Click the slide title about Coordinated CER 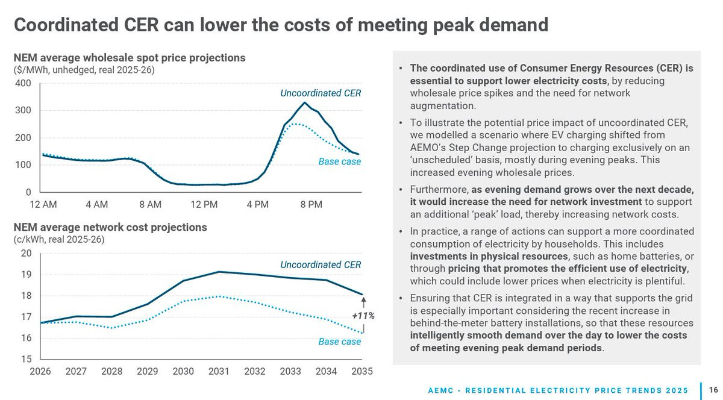[281, 25]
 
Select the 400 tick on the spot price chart [23, 83]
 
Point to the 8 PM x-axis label [311, 205]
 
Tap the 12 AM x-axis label [43, 205]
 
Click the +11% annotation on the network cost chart [363, 316]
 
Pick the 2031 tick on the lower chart [219, 371]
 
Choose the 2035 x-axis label [361, 371]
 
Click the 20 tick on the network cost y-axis [27, 253]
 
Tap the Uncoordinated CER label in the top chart [321, 93]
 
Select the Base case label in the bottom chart [340, 342]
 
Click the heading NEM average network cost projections [110, 227]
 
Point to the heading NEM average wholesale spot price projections [130, 58]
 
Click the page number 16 [713, 390]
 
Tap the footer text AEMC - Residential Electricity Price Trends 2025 [558, 390]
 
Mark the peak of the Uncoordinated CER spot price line [305, 102]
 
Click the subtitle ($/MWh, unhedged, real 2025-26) [84, 70]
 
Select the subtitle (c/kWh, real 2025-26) [59, 239]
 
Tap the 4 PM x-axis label [257, 205]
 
